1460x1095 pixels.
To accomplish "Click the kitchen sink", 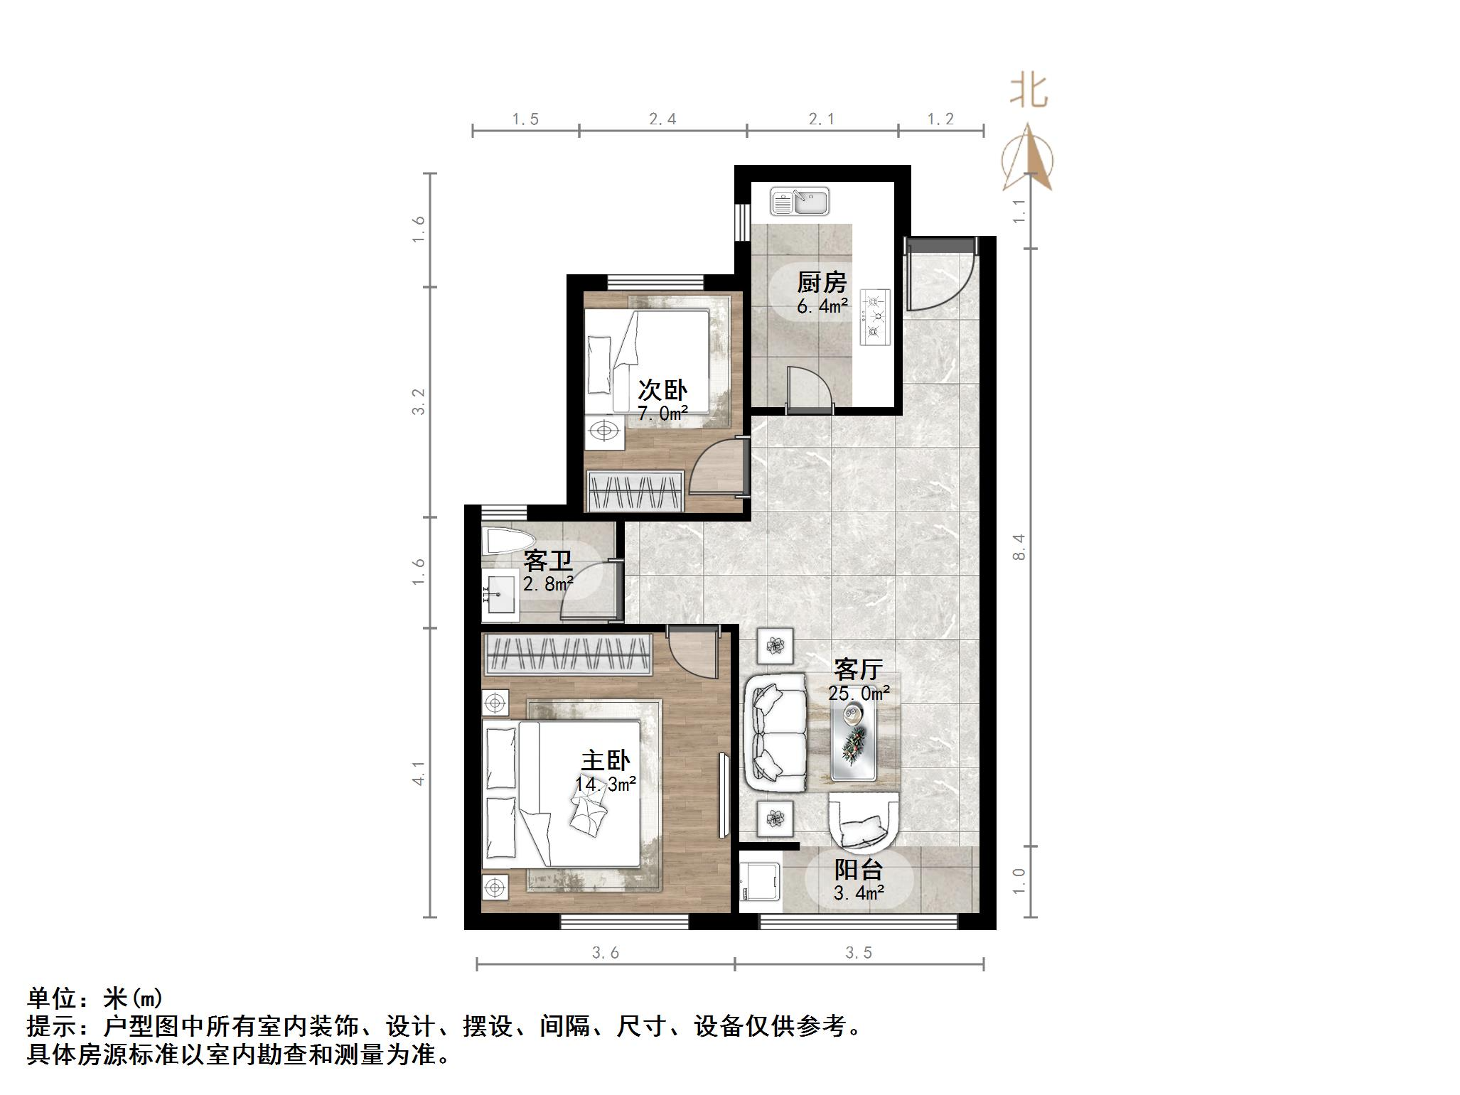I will coord(800,201).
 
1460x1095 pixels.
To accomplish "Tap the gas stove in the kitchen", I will coord(875,317).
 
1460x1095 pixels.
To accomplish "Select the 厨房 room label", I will coord(822,283).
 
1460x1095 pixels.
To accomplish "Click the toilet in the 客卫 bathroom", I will coord(508,541).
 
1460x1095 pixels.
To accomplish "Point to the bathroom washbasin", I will coord(500,594).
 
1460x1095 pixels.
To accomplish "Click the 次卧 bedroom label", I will coord(662,390).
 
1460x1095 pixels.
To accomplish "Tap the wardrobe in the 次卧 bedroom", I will coord(635,490).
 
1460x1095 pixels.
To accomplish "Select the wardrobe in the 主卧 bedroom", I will coord(568,654).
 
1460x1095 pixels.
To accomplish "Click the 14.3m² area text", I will coord(606,784).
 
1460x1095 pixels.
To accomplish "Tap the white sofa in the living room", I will coord(776,733).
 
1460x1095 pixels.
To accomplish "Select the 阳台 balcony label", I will coord(859,870).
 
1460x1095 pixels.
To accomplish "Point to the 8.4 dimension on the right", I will coord(1019,547).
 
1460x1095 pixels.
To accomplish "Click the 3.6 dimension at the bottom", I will coord(606,953).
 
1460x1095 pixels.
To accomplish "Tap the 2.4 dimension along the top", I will coord(662,119).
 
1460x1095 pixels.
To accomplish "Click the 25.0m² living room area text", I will coord(859,693).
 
